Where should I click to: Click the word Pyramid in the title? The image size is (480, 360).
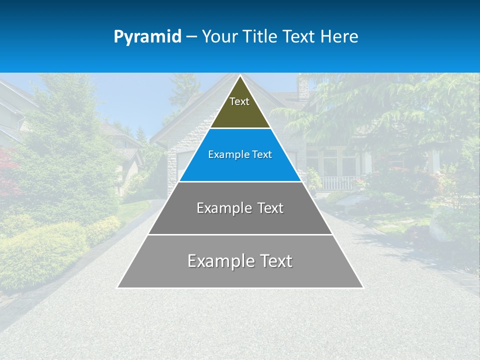point(147,37)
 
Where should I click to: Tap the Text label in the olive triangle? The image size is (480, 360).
point(239,101)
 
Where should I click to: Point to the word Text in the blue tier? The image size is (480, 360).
point(262,155)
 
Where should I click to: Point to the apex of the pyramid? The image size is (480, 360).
point(240,76)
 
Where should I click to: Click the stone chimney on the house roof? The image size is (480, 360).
point(303,89)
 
